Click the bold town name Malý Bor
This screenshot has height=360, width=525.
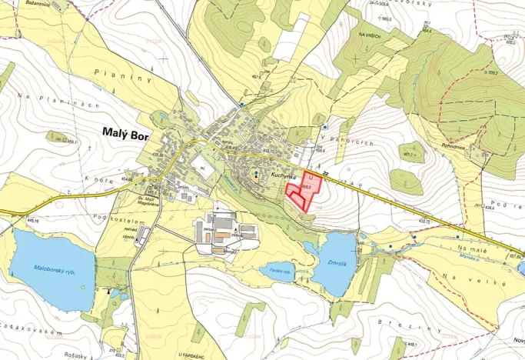pyautogui.click(x=125, y=132)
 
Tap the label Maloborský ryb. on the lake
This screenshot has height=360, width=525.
pyautogui.click(x=54, y=268)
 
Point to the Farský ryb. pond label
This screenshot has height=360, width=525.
pyautogui.click(x=281, y=271)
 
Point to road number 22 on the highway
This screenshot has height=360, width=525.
pyautogui.click(x=324, y=173)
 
